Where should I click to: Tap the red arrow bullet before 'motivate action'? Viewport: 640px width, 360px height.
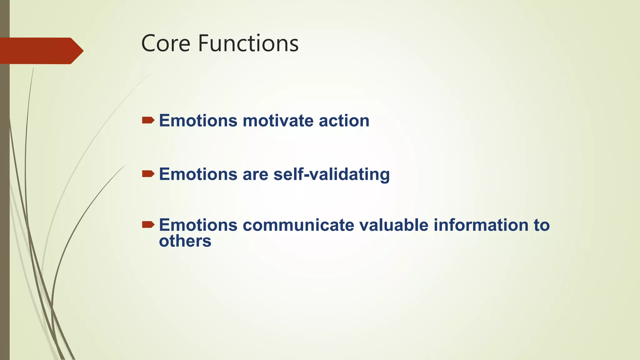tap(148, 120)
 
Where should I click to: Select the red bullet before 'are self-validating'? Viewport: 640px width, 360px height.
tap(148, 174)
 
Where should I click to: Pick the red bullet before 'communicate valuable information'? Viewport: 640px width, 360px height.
tap(148, 225)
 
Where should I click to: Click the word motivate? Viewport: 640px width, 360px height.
tap(278, 121)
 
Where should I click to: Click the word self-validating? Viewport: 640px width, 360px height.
tap(332, 174)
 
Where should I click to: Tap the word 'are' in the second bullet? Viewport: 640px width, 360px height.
tap(255, 174)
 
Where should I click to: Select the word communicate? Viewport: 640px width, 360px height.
tap(298, 225)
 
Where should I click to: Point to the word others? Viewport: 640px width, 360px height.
tap(185, 241)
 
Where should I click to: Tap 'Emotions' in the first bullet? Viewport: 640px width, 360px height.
tap(198, 121)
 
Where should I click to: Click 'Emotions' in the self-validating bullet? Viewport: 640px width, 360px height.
tap(198, 174)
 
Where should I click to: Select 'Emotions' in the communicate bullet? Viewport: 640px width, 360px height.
tap(198, 225)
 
